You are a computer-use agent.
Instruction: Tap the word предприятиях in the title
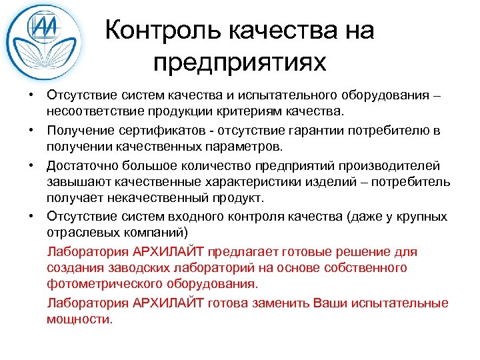pos(239,63)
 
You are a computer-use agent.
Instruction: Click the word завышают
pos(75,182)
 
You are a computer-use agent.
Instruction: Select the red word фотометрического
pos(101,284)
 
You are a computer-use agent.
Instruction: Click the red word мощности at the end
pos(80,319)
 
